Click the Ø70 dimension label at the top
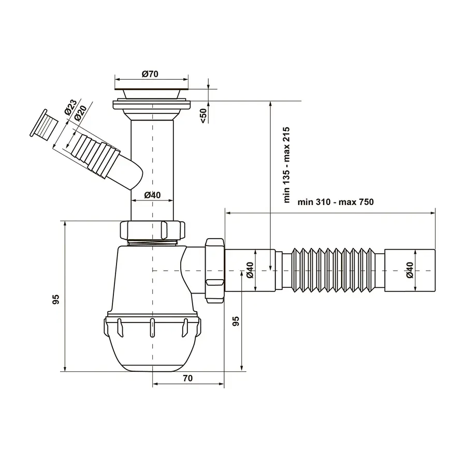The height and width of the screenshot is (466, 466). pos(150,74)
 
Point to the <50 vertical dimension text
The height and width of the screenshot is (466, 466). pos(203,115)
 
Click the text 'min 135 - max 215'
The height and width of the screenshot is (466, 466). pos(286,165)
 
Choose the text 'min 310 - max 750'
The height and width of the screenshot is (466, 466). pos(336,202)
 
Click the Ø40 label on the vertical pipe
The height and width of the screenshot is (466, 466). pos(152,195)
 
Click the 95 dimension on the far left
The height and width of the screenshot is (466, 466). pos(56,299)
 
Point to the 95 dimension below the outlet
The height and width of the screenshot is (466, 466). pos(236,321)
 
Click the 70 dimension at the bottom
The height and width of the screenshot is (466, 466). pos(187,378)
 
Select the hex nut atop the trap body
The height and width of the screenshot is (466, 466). pos(153,229)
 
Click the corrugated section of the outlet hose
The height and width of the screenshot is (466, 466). pos(334,270)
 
